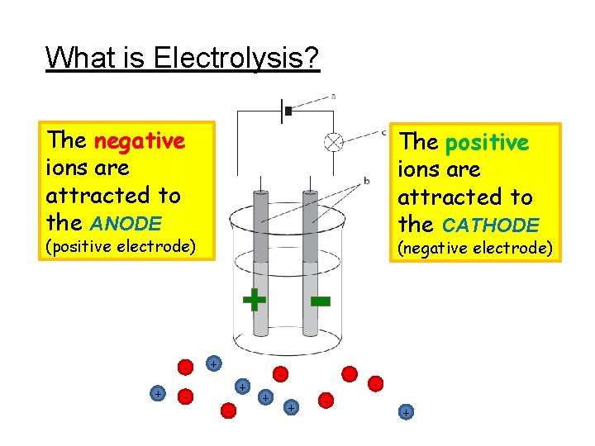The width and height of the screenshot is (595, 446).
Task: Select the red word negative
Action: tap(140, 141)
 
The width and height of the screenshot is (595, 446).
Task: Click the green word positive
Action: tap(487, 143)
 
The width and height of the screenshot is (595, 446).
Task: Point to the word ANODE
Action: tap(126, 223)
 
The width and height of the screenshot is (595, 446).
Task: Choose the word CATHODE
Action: tap(491, 225)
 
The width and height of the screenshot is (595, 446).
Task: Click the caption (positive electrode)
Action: tap(121, 246)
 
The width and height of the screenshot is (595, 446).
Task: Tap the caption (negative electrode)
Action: tap(474, 248)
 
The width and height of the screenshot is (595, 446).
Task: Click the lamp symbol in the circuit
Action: tap(334, 141)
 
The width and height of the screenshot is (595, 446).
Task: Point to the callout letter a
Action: tap(333, 96)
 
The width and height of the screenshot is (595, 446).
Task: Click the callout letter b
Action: tap(366, 180)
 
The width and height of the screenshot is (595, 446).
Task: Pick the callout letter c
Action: tap(384, 131)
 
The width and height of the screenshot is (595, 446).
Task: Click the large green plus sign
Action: tap(254, 300)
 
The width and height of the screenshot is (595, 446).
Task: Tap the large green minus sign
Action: tap(320, 301)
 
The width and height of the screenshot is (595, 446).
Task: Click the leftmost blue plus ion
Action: tap(157, 394)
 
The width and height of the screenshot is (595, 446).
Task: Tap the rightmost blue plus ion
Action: tap(405, 411)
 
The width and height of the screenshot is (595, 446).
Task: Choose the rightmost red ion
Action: tap(376, 384)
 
